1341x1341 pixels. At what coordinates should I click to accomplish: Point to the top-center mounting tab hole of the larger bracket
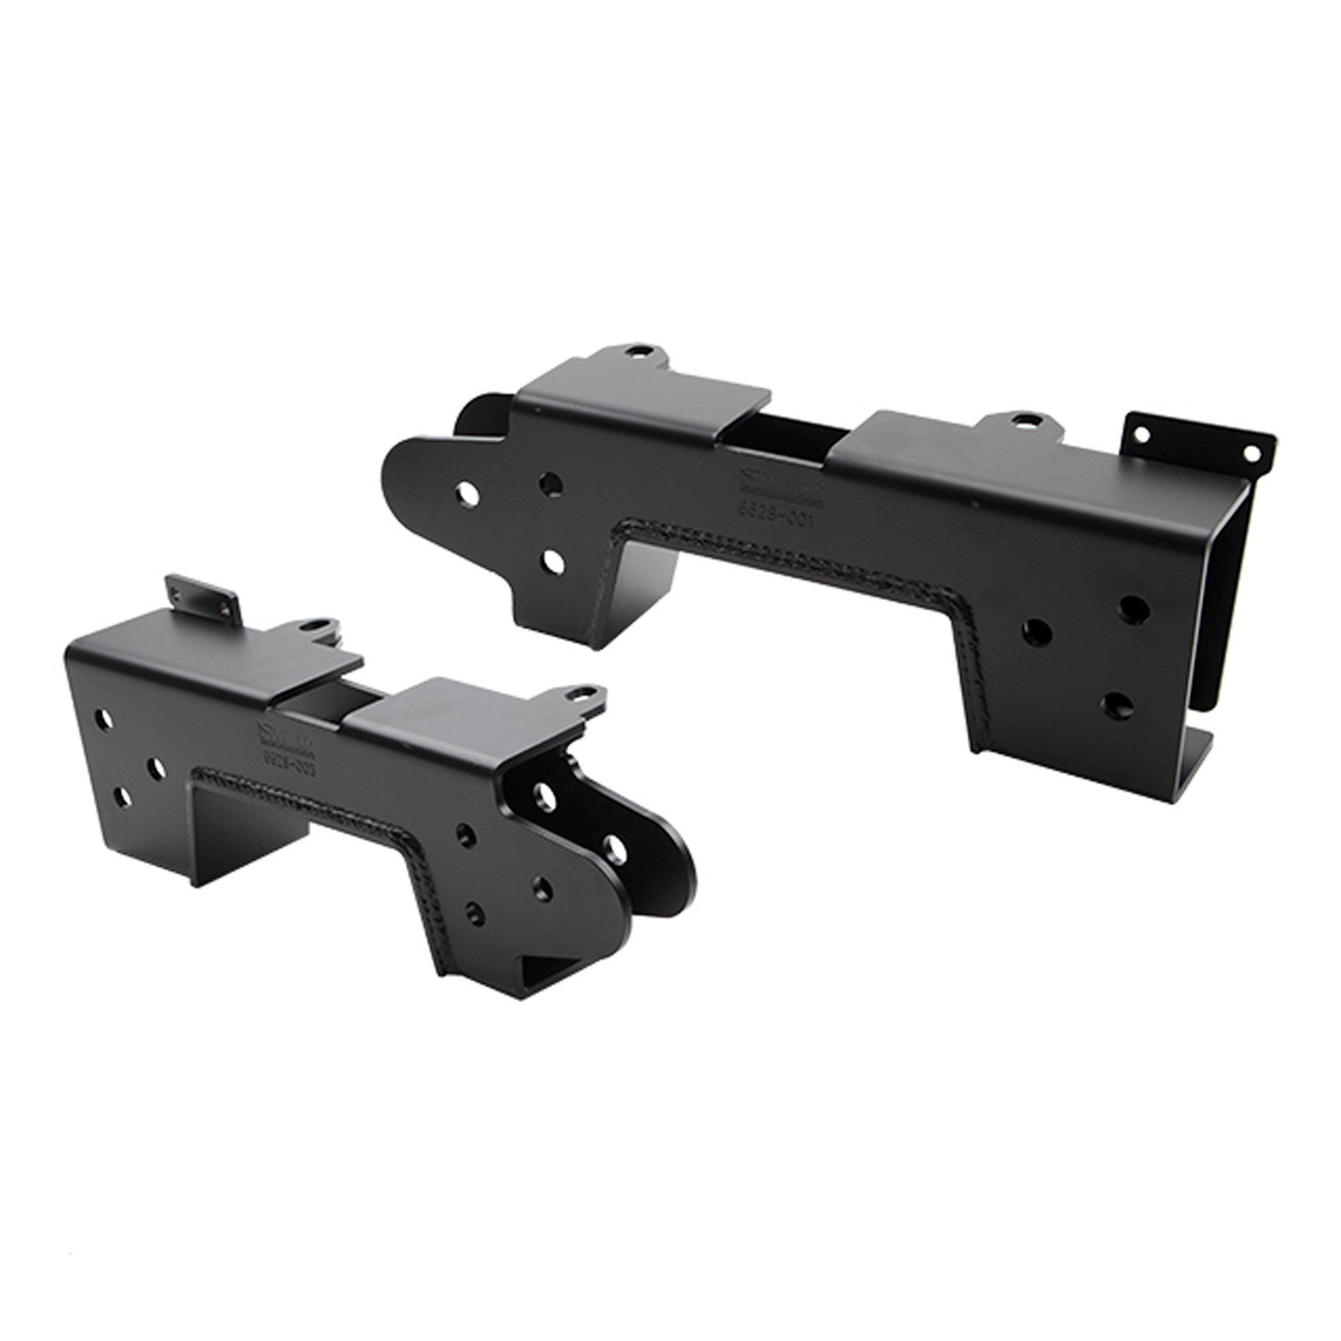coord(1021,419)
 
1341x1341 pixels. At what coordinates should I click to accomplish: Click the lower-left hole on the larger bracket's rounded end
coord(551,562)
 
